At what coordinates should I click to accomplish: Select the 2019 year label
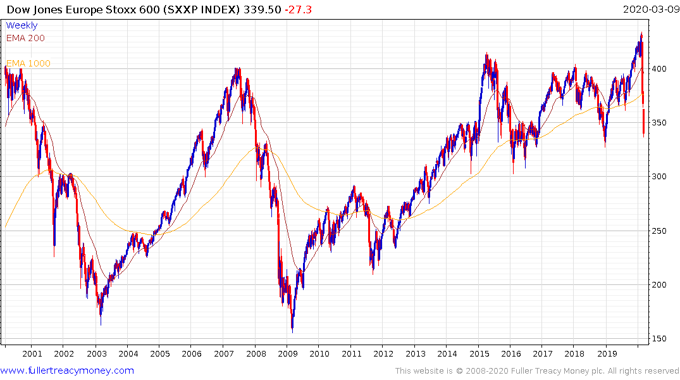(x=607, y=354)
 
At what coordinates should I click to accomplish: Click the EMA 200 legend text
(x=25, y=38)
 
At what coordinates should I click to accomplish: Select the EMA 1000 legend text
(x=28, y=63)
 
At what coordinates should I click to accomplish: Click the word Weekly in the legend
(x=22, y=26)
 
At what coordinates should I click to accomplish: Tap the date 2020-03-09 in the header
(x=649, y=9)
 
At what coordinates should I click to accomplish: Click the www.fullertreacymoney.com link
(x=68, y=370)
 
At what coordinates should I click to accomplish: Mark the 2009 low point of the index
(x=292, y=330)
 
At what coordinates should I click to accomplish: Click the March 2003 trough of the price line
(x=101, y=324)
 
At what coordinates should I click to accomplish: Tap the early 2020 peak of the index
(x=641, y=33)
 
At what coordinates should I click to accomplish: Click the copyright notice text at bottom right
(x=537, y=371)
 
